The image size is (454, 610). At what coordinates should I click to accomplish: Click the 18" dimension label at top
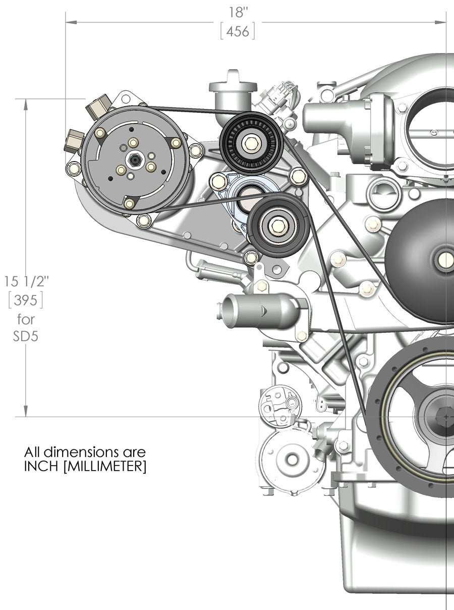[x=238, y=12]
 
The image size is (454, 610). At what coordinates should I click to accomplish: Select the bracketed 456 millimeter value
[x=238, y=31]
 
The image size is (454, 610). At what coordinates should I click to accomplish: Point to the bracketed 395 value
[x=26, y=300]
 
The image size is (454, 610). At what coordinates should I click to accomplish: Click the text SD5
[x=26, y=336]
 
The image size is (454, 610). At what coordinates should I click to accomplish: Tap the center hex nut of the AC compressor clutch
[x=134, y=160]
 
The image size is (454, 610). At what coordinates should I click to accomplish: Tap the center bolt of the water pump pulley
[x=446, y=259]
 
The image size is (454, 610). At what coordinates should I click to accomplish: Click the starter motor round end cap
[x=291, y=460]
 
